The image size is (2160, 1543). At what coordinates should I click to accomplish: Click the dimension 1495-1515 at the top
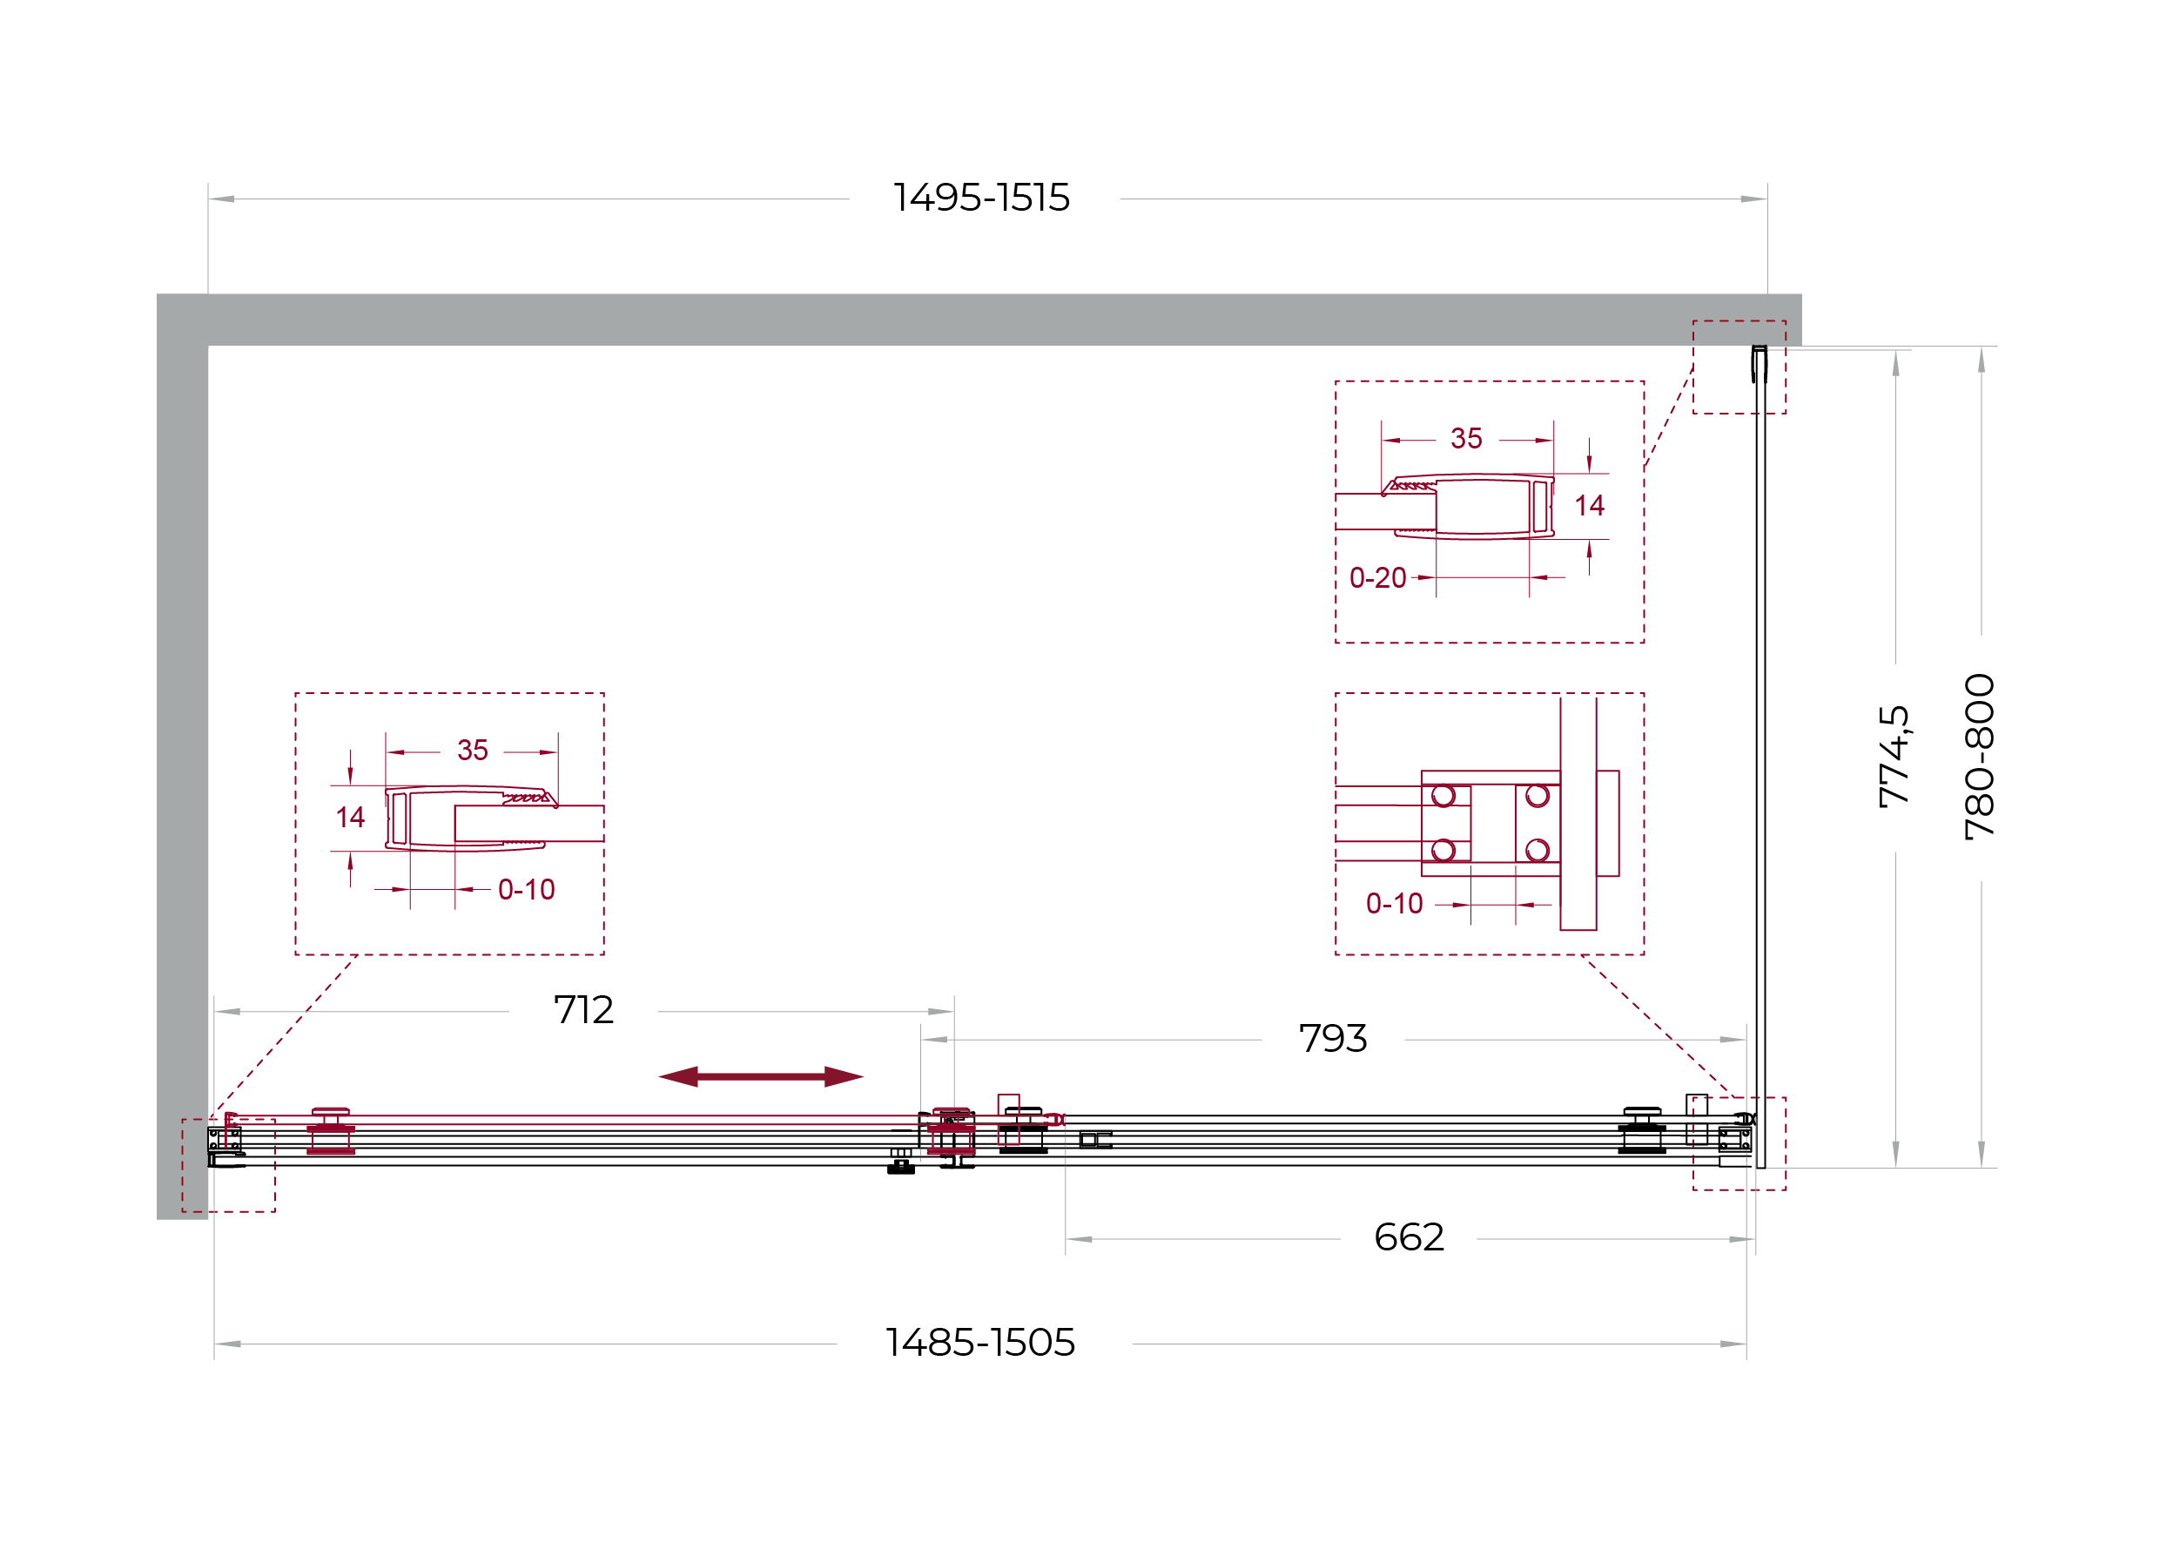(x=981, y=198)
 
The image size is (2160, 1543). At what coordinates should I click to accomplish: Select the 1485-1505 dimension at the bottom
(x=979, y=1343)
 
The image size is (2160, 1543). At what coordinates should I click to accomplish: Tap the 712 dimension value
(x=583, y=1010)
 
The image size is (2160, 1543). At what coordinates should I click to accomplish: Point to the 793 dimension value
(x=1333, y=1039)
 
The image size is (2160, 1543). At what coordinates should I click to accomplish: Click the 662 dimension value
(x=1409, y=1237)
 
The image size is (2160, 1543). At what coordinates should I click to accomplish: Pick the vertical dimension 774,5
(x=1894, y=757)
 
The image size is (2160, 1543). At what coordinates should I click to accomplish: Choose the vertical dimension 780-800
(x=1980, y=758)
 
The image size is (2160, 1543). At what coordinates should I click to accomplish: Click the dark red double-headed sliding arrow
(x=761, y=1076)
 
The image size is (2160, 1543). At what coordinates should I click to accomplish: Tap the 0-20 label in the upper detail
(x=1377, y=577)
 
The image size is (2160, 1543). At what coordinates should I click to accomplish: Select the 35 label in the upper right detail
(x=1465, y=438)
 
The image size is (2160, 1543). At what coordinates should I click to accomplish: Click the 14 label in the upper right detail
(x=1589, y=505)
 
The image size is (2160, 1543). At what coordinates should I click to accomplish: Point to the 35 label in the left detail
(x=472, y=750)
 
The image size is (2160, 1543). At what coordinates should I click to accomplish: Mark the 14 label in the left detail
(x=349, y=817)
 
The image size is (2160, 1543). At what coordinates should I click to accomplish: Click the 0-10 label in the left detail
(x=526, y=889)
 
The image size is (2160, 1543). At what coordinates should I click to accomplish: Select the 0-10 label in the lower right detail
(x=1395, y=904)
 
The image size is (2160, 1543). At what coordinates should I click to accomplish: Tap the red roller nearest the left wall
(x=331, y=1130)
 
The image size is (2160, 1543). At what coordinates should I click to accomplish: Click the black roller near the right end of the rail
(x=1641, y=1130)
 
